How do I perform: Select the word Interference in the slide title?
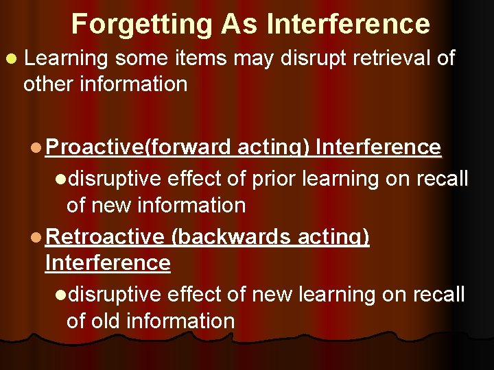point(349,25)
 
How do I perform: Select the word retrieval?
point(390,59)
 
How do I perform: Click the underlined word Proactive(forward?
point(140,147)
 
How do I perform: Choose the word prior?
point(274,179)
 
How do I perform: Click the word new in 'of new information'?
point(112,205)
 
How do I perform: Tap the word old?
point(110,321)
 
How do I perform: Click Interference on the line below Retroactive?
point(108,262)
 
